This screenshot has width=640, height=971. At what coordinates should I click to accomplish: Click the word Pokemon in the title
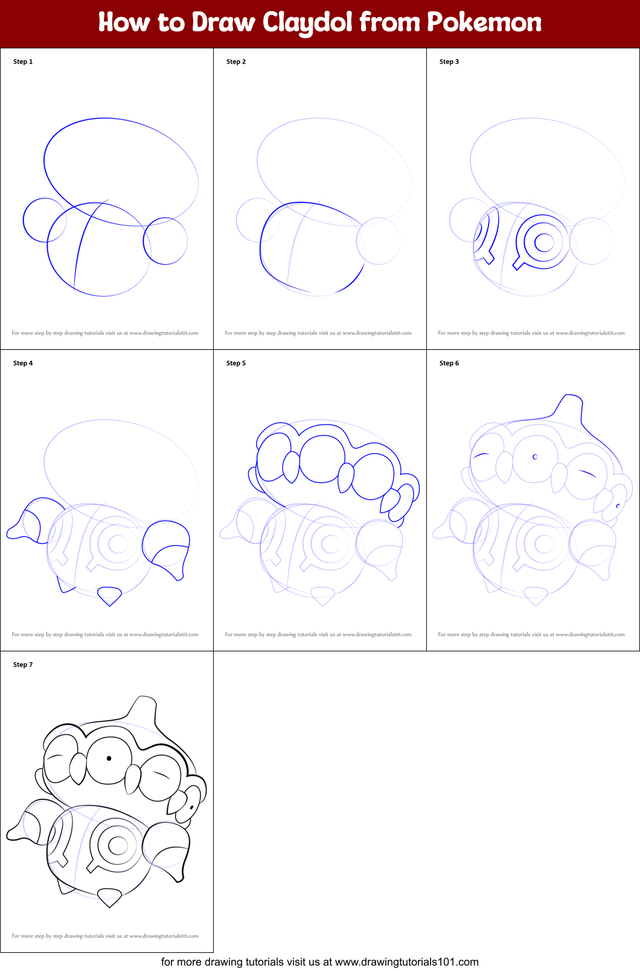(x=484, y=23)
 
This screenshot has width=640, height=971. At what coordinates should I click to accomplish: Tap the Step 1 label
(x=23, y=62)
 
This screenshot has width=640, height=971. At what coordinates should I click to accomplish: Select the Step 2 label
(x=236, y=62)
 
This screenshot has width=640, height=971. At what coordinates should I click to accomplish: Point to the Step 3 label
(x=449, y=62)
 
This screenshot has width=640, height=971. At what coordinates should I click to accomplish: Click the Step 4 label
(x=23, y=363)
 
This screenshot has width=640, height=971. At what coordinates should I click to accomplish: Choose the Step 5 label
(x=236, y=363)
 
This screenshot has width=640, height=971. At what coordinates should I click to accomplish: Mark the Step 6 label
(x=449, y=363)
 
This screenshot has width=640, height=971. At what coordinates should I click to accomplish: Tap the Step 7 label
(x=23, y=665)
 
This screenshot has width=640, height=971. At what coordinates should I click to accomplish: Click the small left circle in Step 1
(x=43, y=221)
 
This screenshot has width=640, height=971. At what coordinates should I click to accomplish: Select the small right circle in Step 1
(x=165, y=241)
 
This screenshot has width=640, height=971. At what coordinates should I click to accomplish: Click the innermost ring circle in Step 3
(x=544, y=242)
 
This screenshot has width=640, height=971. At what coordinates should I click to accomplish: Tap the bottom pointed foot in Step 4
(x=109, y=596)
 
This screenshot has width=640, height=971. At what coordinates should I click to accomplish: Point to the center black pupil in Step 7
(x=109, y=758)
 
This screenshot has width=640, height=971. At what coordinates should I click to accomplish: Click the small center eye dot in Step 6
(x=535, y=457)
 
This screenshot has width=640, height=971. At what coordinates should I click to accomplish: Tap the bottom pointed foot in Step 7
(x=109, y=897)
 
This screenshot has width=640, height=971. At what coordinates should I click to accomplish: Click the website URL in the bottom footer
(x=406, y=962)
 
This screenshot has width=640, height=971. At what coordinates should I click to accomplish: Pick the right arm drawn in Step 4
(x=167, y=549)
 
